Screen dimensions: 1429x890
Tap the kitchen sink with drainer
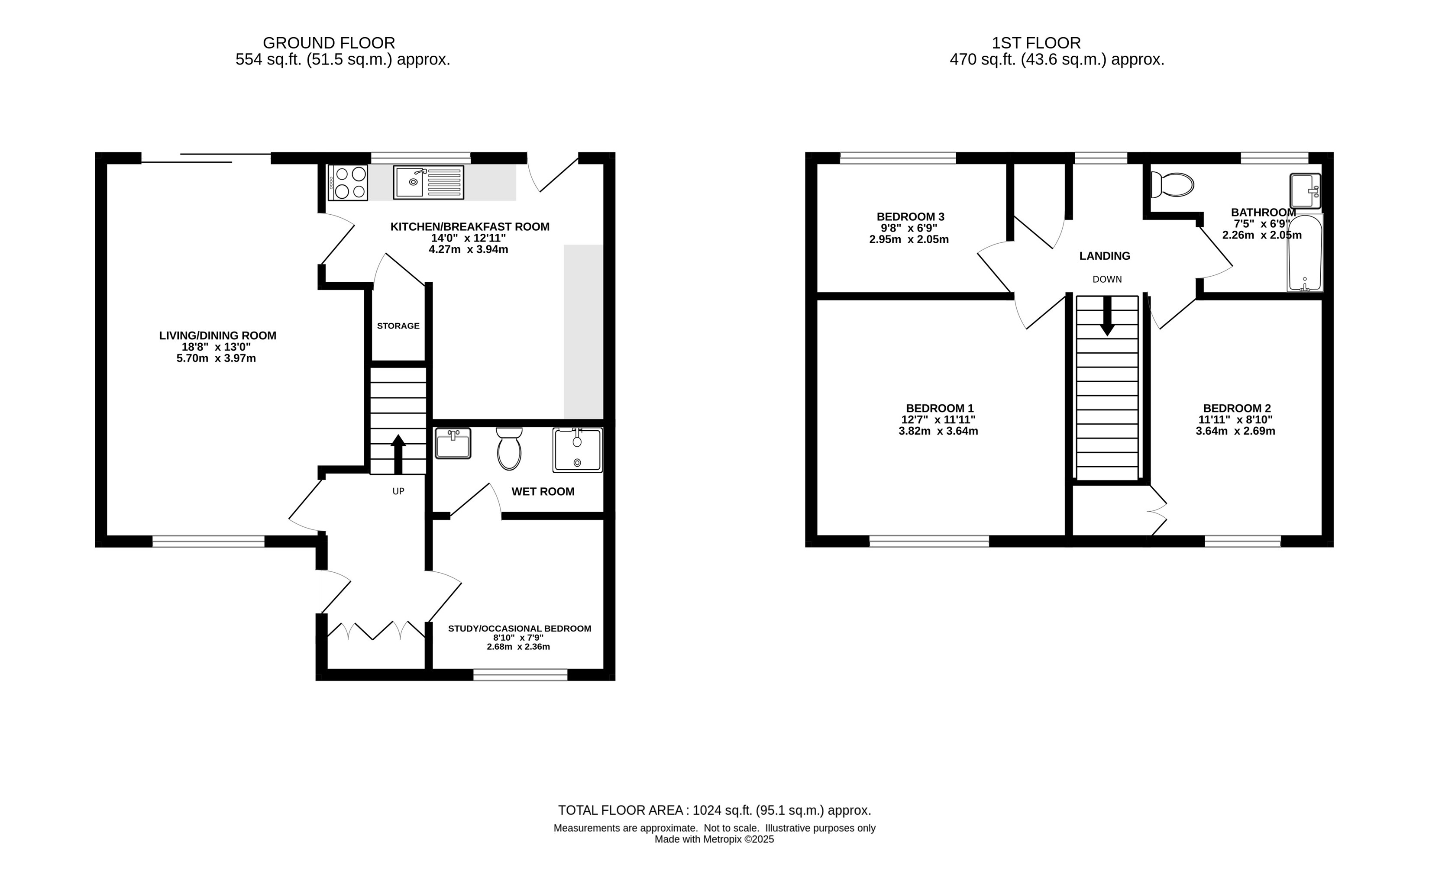429,182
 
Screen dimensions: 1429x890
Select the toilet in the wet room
509,448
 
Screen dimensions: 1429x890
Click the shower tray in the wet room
578,450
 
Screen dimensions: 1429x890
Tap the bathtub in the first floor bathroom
1305,253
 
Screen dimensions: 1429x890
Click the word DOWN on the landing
1107,279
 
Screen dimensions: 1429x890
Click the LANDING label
1105,256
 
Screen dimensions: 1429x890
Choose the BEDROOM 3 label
910,216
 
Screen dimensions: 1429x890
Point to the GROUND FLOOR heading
329,43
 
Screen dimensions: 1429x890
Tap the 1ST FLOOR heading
1036,43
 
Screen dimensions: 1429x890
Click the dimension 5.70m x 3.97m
216,358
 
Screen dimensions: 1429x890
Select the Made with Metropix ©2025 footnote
714,839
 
